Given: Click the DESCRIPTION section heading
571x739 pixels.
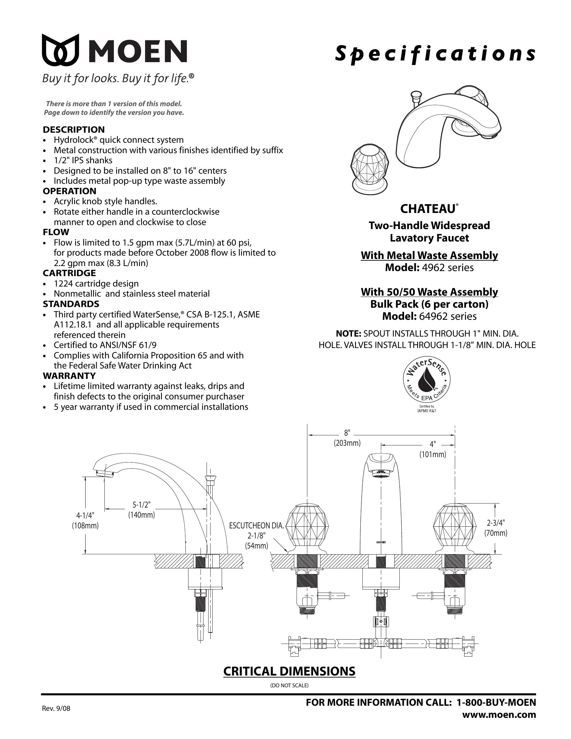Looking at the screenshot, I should point(74,130).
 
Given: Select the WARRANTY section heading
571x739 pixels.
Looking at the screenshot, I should point(69,376).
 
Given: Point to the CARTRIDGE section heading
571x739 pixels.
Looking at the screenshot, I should point(69,273).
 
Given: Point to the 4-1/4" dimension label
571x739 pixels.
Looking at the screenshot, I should point(85,515).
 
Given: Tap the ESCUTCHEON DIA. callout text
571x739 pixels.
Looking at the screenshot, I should point(256,525).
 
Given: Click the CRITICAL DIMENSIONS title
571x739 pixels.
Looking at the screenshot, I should point(289,671).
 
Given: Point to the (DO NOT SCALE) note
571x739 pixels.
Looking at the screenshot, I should point(289,686).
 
